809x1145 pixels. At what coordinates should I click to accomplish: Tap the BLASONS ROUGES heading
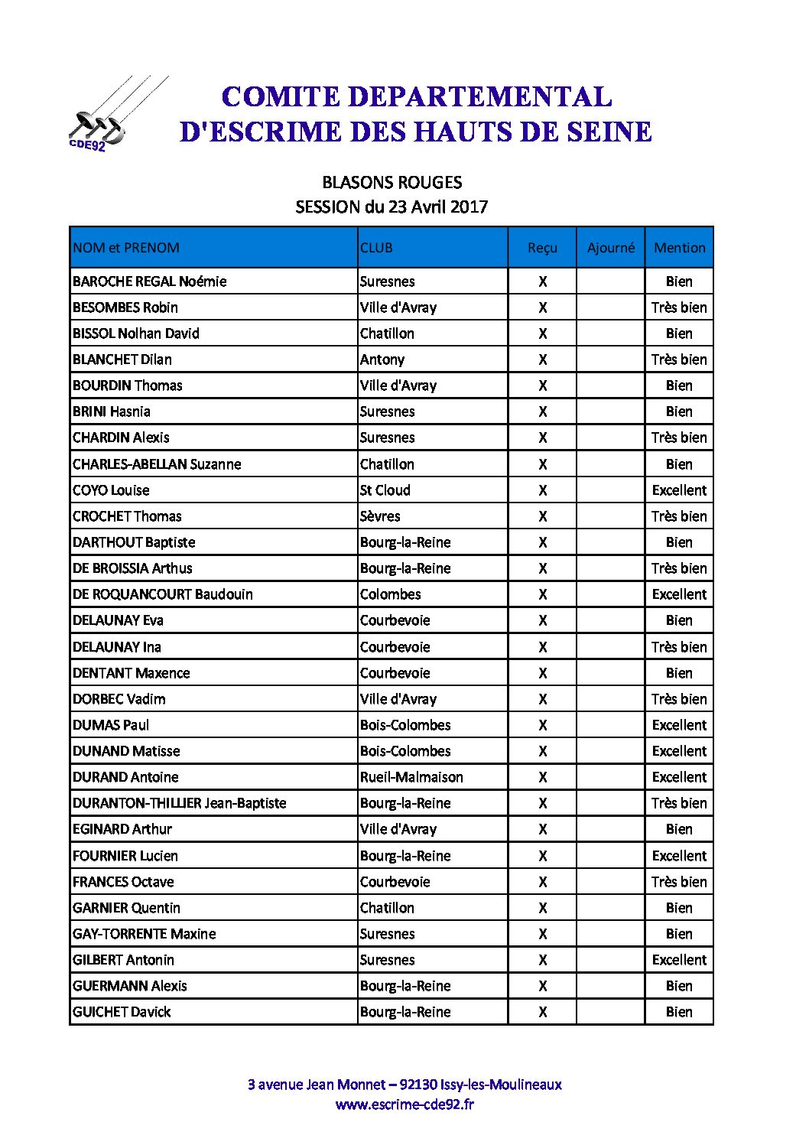point(392,183)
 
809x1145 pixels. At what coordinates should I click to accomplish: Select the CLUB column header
point(376,248)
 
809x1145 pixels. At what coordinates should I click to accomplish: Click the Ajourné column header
point(610,248)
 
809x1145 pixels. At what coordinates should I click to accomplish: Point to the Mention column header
point(679,248)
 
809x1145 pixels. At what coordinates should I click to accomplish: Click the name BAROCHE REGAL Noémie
point(149,281)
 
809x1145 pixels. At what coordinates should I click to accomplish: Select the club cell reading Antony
point(382,359)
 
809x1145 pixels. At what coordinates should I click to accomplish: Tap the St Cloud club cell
point(385,490)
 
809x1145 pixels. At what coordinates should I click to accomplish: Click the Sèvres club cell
point(380,516)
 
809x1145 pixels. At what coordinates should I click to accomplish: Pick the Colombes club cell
point(390,594)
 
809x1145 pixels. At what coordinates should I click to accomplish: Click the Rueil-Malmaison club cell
point(411,777)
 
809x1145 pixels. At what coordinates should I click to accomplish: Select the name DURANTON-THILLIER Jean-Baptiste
point(179,803)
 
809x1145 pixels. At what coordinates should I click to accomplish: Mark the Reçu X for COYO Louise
point(542,490)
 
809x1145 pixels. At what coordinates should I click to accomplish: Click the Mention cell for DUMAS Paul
point(679,725)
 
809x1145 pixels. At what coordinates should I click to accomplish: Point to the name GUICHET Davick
point(122,1012)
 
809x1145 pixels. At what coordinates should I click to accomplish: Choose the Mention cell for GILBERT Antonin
point(679,960)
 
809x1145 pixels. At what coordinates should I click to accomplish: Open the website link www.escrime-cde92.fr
point(404,1104)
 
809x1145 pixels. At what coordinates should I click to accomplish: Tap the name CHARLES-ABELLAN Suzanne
point(157,464)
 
